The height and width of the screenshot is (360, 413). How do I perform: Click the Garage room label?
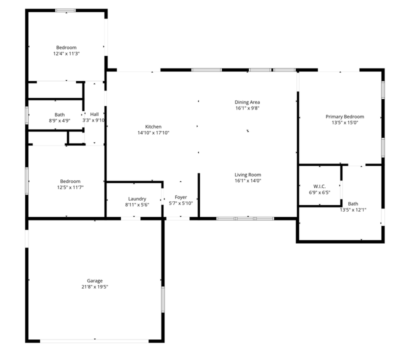point(94,281)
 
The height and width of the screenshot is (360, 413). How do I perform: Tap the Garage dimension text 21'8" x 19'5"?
point(94,287)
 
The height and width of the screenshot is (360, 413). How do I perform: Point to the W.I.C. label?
point(319,186)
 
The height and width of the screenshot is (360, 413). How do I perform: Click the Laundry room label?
point(137,198)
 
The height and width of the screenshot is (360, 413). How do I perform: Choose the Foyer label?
point(180,197)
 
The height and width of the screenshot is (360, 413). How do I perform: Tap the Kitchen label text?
point(153,127)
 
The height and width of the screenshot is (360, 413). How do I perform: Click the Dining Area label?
point(247,102)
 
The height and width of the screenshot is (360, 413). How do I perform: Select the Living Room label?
point(248,175)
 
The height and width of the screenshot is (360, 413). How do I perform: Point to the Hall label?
point(94,114)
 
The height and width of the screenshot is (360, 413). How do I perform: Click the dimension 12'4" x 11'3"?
point(66,53)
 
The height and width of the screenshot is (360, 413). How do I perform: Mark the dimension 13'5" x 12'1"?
point(353,209)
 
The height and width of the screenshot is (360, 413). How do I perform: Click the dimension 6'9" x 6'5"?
point(319,192)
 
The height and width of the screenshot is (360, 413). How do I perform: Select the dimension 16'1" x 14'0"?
point(248,181)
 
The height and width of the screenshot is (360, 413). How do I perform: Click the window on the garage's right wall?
point(162,299)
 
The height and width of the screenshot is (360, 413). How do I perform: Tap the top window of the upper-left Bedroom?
point(65,10)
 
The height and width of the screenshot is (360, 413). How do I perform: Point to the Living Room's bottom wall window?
point(245,218)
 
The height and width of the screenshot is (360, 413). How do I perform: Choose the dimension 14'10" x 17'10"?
point(153,133)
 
